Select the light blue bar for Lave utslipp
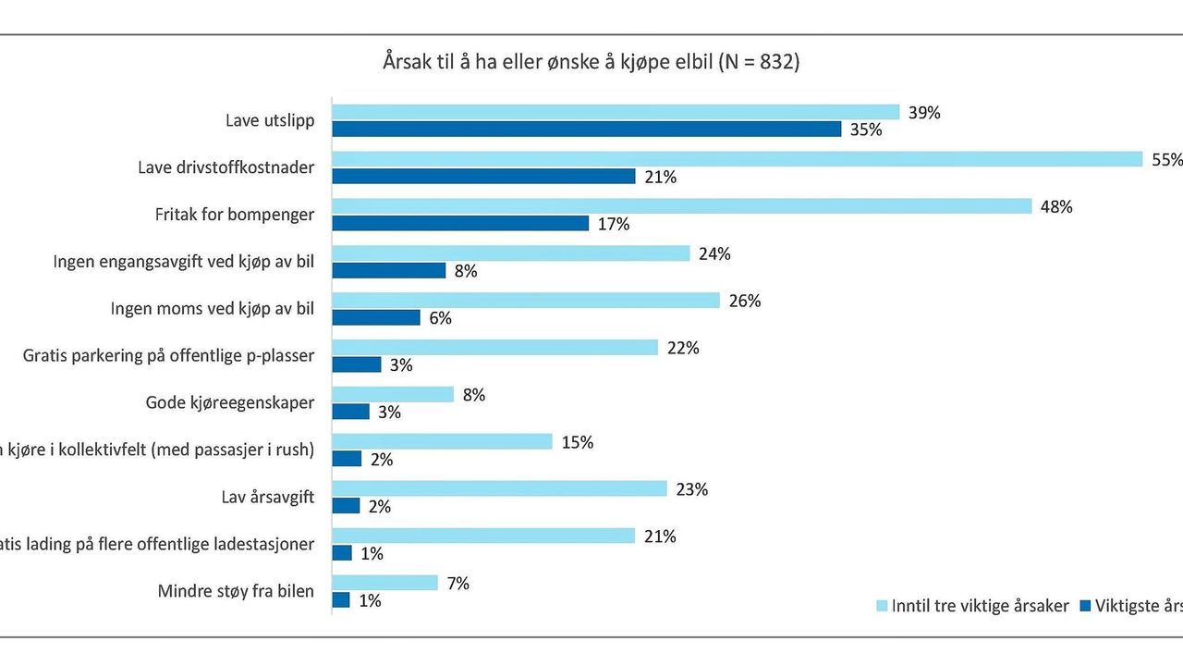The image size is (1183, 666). tap(616, 112)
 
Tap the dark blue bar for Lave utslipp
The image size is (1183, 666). tap(586, 129)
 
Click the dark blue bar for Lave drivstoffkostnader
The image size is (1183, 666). tap(483, 176)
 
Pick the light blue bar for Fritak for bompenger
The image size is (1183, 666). tap(681, 206)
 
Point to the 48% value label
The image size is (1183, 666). tap(1056, 207)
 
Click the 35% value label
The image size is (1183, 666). tap(866, 130)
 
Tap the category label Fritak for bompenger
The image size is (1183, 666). tap(235, 215)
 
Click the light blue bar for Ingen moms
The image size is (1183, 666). tap(525, 301)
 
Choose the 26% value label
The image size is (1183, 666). tap(745, 302)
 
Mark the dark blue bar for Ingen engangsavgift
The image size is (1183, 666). tap(389, 270)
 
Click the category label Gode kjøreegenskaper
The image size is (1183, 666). tap(230, 402)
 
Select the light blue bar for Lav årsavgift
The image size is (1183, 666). tap(499, 488)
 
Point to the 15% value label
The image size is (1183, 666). tap(577, 442)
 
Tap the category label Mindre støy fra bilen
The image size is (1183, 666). tap(237, 591)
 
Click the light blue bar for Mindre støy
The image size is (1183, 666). tap(384, 583)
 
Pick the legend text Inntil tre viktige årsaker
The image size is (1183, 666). tap(981, 607)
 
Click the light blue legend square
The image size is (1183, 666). tap(881, 607)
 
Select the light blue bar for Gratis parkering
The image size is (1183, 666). tap(494, 348)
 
